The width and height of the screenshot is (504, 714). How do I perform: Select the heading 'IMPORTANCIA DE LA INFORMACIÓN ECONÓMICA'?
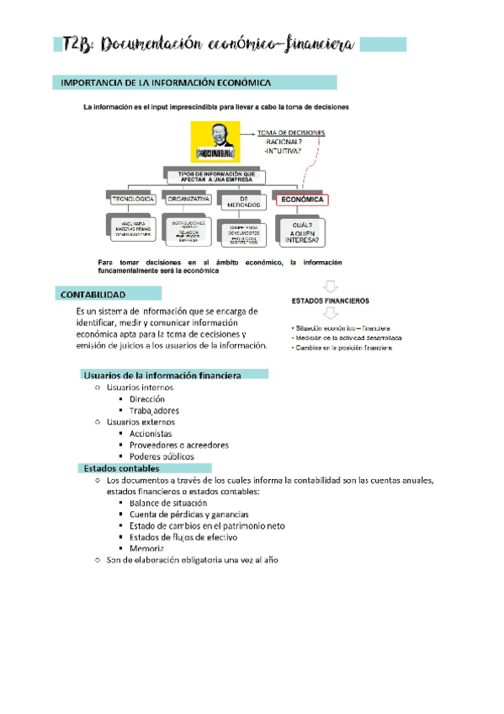point(163,83)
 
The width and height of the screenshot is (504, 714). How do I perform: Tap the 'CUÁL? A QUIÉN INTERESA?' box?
point(301,231)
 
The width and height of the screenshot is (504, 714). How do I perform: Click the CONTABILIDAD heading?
point(93,295)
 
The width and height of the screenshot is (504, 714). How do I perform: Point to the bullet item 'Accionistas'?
point(152,433)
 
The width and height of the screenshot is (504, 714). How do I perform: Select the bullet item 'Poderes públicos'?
point(162,456)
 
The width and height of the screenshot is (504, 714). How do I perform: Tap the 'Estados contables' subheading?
point(122,468)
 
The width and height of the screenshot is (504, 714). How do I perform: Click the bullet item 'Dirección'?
point(147,398)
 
